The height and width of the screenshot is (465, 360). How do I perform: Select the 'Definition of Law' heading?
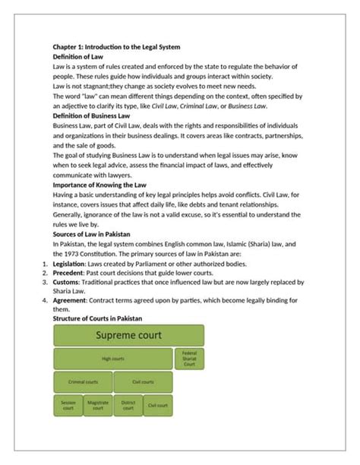(x=78, y=57)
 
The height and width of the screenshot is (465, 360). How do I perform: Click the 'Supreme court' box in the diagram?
(x=128, y=336)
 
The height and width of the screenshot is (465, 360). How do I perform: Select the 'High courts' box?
(x=113, y=359)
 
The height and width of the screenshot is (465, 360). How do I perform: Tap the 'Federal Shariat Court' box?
(x=189, y=359)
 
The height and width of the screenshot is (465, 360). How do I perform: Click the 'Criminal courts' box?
(x=83, y=382)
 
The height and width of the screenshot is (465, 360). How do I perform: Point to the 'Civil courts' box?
(x=143, y=382)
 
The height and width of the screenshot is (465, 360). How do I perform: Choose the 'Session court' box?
(x=68, y=405)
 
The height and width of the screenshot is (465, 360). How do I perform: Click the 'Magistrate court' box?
(x=97, y=405)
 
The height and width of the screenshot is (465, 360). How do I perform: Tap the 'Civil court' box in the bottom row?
(x=157, y=405)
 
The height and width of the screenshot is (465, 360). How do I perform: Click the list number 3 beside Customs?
(x=44, y=283)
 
